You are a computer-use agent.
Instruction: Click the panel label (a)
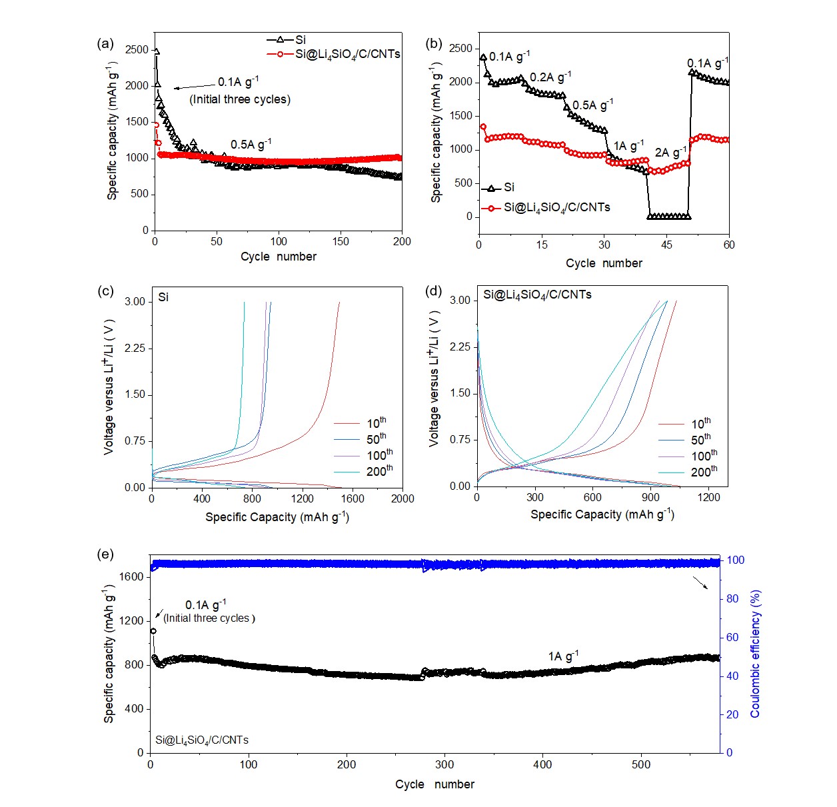(x=105, y=44)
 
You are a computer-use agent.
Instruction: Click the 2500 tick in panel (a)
(x=137, y=49)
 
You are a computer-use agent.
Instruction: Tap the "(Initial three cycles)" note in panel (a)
(x=240, y=99)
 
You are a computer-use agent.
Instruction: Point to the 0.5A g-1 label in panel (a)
(x=251, y=144)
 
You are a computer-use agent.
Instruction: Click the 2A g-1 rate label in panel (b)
(x=670, y=152)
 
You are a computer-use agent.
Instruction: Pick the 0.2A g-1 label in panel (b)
(x=550, y=77)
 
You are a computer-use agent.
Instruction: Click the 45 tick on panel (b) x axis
(x=667, y=245)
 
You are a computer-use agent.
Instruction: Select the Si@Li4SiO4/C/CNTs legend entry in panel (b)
(x=556, y=207)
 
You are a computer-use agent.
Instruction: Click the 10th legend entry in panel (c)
(x=376, y=423)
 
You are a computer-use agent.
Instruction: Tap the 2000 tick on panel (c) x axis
(x=402, y=498)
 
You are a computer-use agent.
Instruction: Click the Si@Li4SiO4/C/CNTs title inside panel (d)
(x=537, y=295)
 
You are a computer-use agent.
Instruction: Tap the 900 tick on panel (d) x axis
(x=650, y=497)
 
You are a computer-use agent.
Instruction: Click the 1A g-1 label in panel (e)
(x=563, y=656)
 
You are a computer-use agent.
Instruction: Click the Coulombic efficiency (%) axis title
(x=755, y=654)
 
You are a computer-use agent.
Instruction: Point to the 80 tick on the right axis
(x=732, y=598)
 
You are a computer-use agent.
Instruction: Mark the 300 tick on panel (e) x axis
(x=444, y=764)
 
